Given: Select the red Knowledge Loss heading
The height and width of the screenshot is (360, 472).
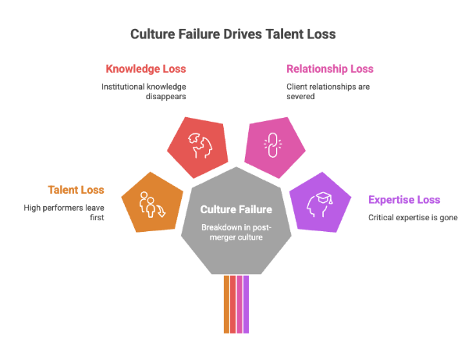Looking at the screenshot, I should [x=146, y=69].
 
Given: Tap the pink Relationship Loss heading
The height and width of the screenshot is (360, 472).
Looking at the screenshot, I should [x=330, y=69].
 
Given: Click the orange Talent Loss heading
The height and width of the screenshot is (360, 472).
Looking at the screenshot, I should [x=76, y=190].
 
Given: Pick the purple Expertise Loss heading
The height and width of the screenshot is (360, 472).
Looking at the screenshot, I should [x=404, y=200].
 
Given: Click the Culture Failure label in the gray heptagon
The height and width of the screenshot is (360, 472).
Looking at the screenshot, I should [x=236, y=209].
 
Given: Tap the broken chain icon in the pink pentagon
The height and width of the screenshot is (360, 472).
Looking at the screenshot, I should [x=273, y=144].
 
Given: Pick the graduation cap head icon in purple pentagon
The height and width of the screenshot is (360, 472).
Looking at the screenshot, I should [x=320, y=204].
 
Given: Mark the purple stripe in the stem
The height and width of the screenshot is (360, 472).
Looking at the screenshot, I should [x=246, y=305].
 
